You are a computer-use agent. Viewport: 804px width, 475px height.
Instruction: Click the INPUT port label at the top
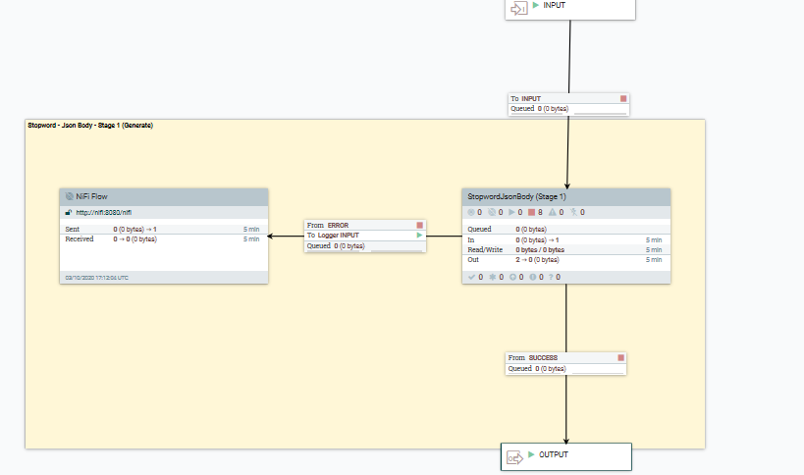(554, 6)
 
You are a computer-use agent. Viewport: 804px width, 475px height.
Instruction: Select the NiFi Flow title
(93, 196)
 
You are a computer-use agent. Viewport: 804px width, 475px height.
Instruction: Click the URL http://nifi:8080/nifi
(103, 212)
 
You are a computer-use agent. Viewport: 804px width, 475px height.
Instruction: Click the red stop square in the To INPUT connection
(622, 98)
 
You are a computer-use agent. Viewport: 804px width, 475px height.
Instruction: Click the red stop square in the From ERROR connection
(420, 225)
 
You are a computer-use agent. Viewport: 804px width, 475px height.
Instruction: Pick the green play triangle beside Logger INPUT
(420, 236)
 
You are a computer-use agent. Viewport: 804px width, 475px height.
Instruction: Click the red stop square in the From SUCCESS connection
(620, 358)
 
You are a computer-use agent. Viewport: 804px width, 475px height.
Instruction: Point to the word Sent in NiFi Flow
(73, 229)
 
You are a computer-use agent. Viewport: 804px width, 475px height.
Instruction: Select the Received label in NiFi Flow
(80, 238)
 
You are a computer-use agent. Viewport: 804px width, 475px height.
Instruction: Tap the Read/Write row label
(485, 249)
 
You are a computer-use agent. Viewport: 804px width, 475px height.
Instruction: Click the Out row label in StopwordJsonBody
(473, 260)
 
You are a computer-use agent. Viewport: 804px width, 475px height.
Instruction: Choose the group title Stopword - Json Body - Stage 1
(89, 126)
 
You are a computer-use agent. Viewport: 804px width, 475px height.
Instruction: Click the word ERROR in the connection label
(338, 225)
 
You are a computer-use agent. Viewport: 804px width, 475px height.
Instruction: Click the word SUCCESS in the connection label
(546, 358)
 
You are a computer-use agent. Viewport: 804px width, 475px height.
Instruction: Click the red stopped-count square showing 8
(531, 212)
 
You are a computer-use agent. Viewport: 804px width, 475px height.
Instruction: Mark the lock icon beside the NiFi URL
(69, 212)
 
